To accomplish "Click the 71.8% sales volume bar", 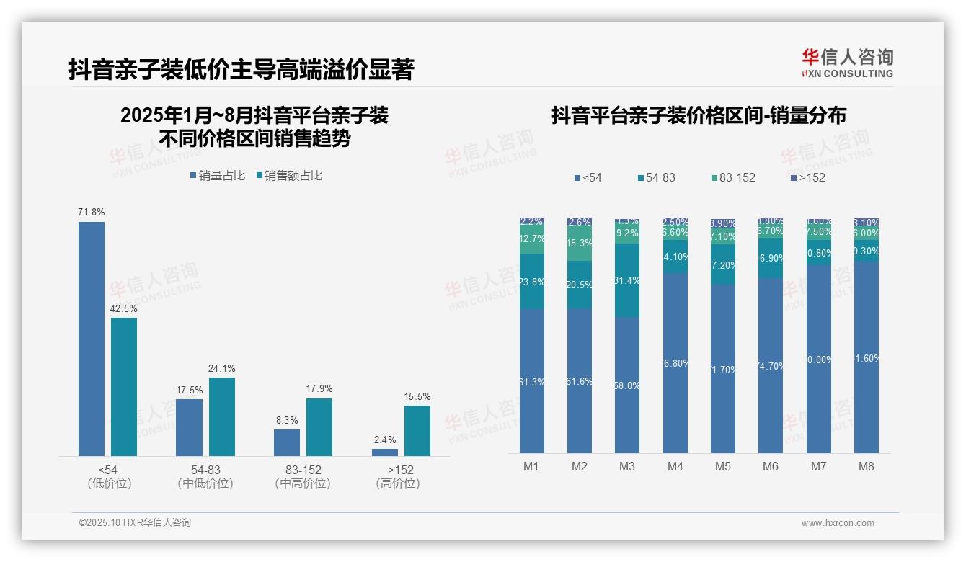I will [92, 339].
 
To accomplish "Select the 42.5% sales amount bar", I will [124, 387].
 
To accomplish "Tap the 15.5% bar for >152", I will [417, 431].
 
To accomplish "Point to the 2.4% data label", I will [384, 440].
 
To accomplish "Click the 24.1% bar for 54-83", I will [222, 416].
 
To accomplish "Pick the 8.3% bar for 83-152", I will [287, 442].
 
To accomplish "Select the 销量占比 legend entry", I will [217, 176].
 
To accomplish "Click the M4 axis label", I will [675, 466].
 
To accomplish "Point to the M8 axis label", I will [867, 466].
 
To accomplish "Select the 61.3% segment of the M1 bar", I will [532, 381].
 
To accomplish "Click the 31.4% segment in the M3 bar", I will [627, 280].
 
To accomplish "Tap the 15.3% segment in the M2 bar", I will [580, 244].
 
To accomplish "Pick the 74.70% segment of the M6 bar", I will [771, 365].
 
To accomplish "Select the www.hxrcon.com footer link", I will [838, 523].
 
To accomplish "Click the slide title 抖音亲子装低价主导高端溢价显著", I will [241, 70].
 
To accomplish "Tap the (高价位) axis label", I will [398, 483].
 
